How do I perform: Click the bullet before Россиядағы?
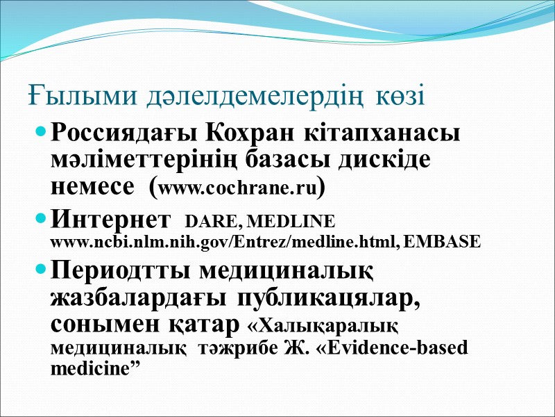[42, 131]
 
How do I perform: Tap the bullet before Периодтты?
[42, 268]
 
